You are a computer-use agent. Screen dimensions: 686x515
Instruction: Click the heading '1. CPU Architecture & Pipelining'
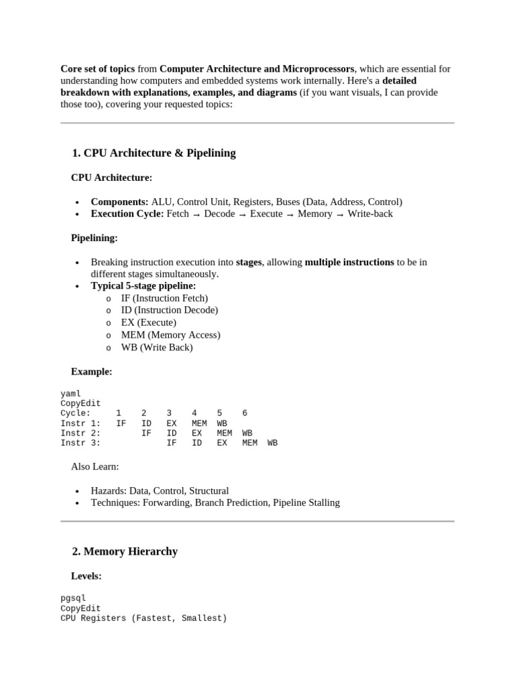(154, 153)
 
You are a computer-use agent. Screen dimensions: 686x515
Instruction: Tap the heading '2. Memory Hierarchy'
(125, 551)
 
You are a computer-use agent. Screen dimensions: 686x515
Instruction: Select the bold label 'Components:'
(119, 202)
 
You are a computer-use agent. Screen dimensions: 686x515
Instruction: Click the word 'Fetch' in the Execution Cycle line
(178, 214)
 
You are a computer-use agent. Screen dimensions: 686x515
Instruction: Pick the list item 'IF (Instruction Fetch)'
(164, 298)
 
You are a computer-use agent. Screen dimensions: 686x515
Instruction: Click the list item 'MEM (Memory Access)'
(170, 335)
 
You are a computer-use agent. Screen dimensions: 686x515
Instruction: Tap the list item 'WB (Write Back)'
(156, 347)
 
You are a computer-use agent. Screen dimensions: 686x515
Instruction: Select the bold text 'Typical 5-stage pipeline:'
(144, 286)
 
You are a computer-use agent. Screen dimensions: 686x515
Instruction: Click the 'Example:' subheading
(92, 371)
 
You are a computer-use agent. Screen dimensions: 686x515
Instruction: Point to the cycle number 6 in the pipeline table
(245, 413)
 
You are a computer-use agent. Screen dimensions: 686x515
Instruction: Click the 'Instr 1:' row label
(80, 423)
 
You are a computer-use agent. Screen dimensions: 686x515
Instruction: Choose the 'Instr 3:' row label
(80, 443)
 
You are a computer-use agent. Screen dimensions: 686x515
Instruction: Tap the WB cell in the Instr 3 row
(272, 443)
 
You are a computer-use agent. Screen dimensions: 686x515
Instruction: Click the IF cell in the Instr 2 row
(146, 433)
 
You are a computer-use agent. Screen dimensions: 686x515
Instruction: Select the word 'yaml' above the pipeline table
(70, 394)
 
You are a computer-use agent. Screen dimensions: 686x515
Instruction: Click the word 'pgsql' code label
(73, 598)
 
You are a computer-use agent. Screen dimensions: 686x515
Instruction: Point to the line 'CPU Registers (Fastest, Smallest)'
(144, 618)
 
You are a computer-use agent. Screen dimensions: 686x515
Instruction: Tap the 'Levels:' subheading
(87, 575)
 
